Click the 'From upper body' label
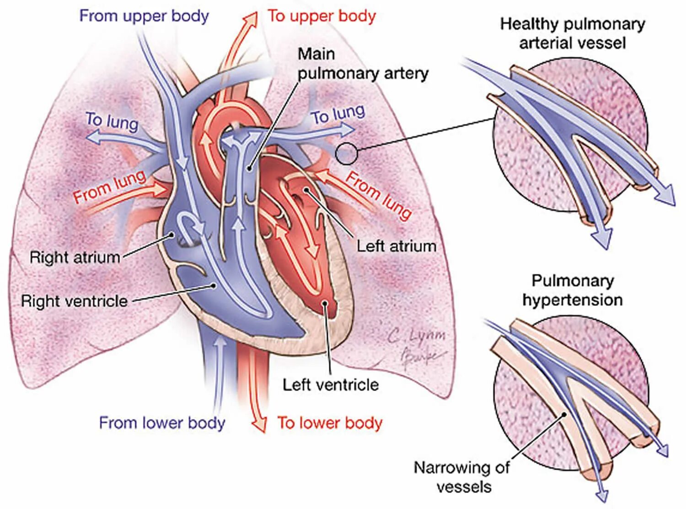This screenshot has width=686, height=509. coord(144,16)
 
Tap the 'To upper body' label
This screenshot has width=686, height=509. coord(322,16)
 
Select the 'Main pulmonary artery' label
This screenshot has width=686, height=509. coord(363,64)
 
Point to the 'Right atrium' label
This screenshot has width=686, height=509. coord(75,257)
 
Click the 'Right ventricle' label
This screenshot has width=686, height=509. coord(74,301)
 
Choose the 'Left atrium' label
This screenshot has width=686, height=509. coord(396,246)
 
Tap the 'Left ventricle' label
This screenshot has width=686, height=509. coord(330,385)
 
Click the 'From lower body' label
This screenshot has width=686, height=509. coord(162,423)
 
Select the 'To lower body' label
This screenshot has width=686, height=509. coord(329,423)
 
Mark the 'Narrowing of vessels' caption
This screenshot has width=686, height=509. coord(462,477)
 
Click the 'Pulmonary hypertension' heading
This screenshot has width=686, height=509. coord(572,290)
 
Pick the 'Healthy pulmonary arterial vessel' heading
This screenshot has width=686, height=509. coord(572,33)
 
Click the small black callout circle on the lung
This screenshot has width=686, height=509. coord(346,154)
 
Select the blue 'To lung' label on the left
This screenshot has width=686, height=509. coord(112,122)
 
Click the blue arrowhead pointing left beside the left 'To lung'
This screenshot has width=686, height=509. coord(93,137)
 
